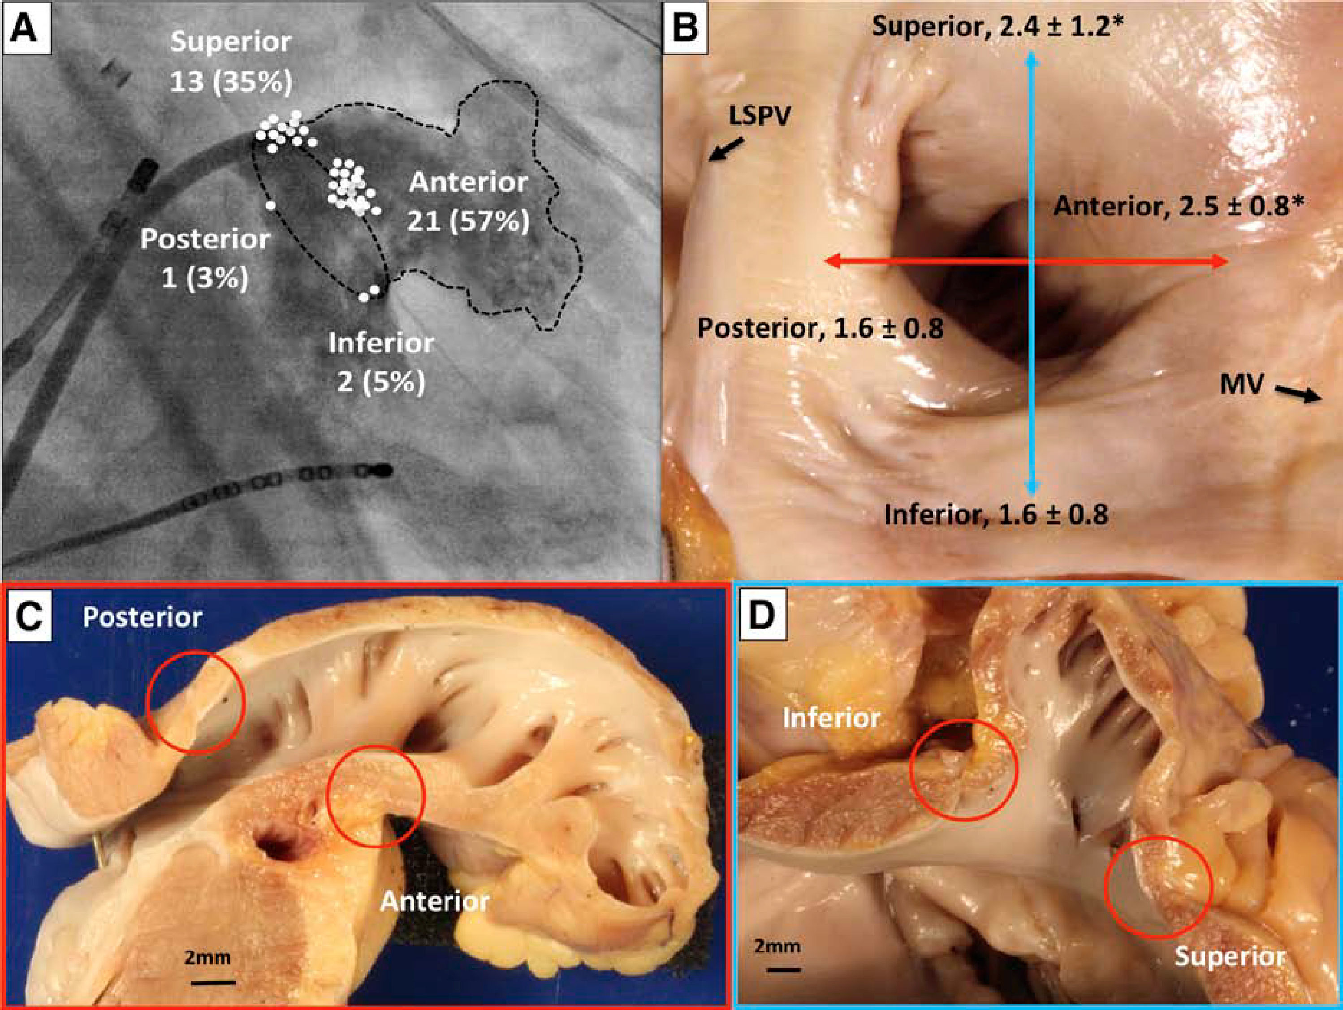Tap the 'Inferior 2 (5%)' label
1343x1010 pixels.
(x=381, y=363)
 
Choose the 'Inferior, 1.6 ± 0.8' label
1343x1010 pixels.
(x=996, y=515)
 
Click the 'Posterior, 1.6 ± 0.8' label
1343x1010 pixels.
(x=820, y=328)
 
